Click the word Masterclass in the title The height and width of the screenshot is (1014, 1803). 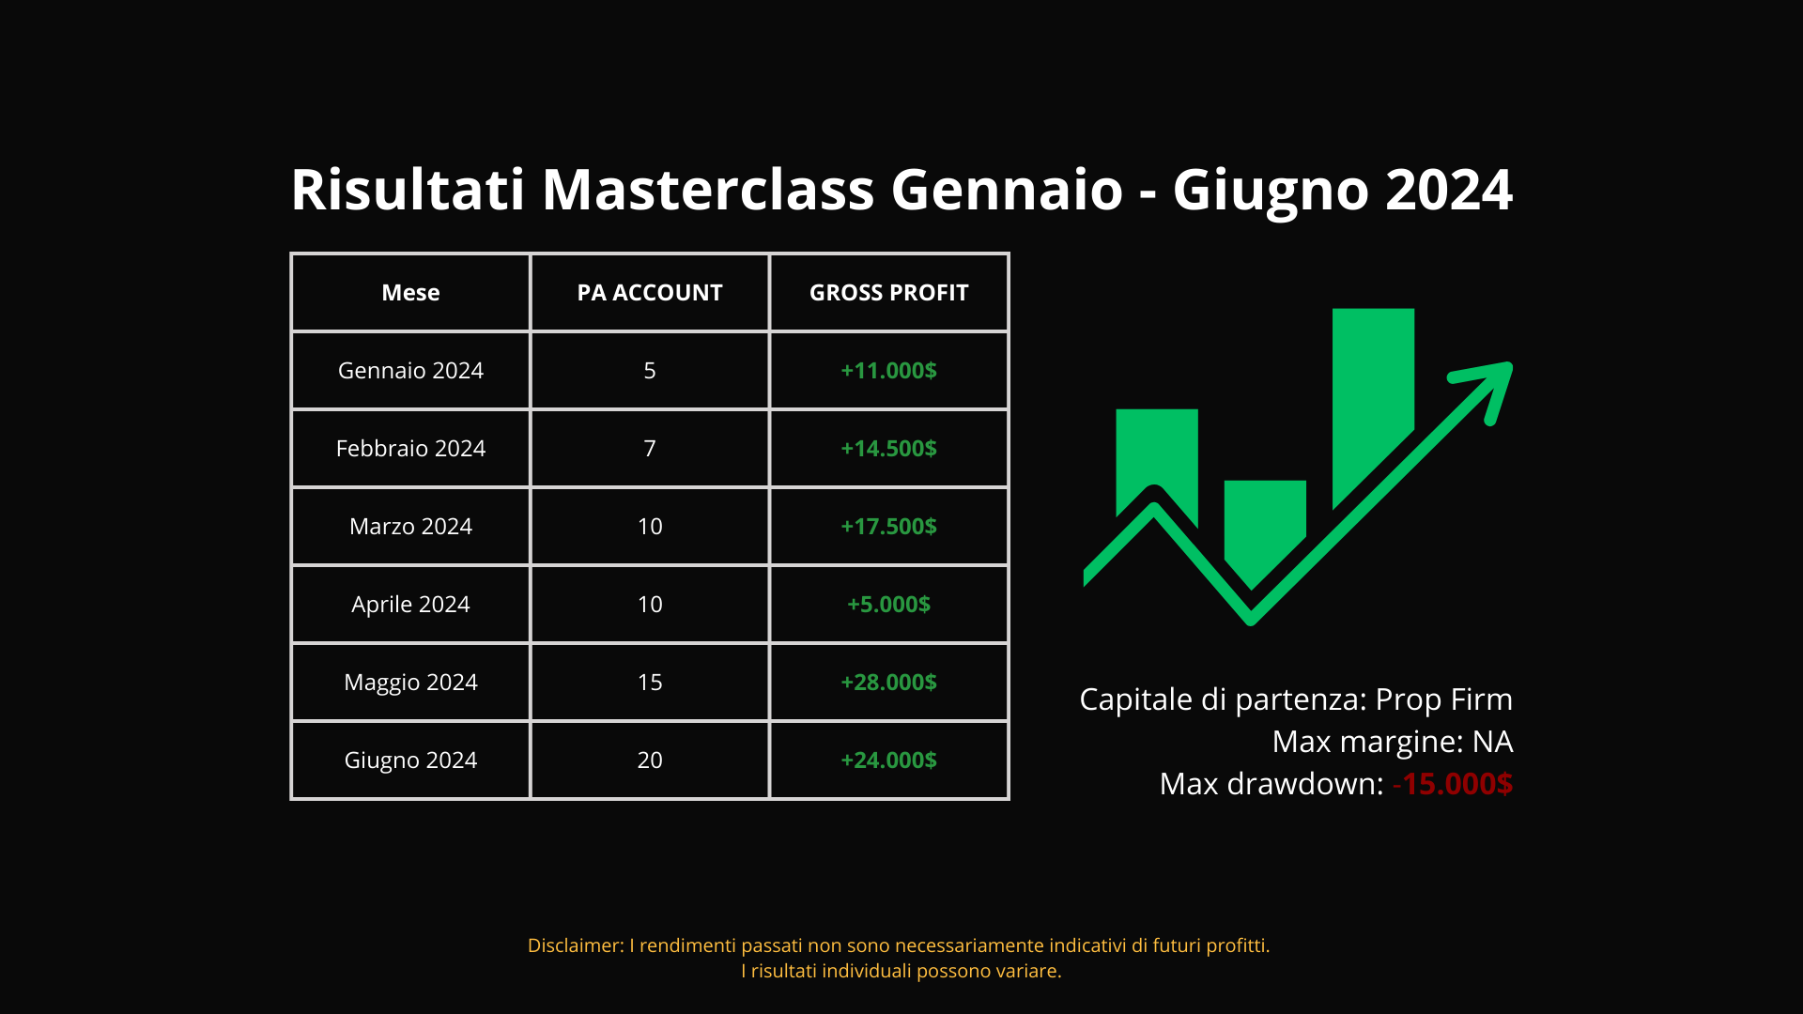point(708,190)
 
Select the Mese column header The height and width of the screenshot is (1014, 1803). point(410,293)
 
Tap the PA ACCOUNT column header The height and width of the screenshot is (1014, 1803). point(650,293)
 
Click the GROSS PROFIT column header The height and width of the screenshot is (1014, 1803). point(888,293)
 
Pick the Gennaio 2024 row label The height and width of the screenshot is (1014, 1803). point(410,371)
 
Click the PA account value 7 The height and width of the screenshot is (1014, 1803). point(650,449)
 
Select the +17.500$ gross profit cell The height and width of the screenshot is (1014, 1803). point(888,527)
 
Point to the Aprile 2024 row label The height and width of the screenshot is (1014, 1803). point(410,605)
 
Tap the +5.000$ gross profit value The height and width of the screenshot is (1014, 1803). point(888,605)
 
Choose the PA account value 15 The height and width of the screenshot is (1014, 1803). point(650,683)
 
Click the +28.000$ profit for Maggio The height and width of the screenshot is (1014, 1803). point(888,683)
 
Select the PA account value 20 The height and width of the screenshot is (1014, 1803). point(650,760)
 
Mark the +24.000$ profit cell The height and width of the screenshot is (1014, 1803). point(888,760)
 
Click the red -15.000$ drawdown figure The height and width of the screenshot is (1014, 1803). point(1453,784)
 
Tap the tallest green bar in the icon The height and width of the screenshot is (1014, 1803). point(1373,404)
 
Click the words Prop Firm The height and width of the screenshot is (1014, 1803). point(1444,700)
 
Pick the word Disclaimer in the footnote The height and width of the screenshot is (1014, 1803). point(575,945)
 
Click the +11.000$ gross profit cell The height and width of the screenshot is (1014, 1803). point(888,371)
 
